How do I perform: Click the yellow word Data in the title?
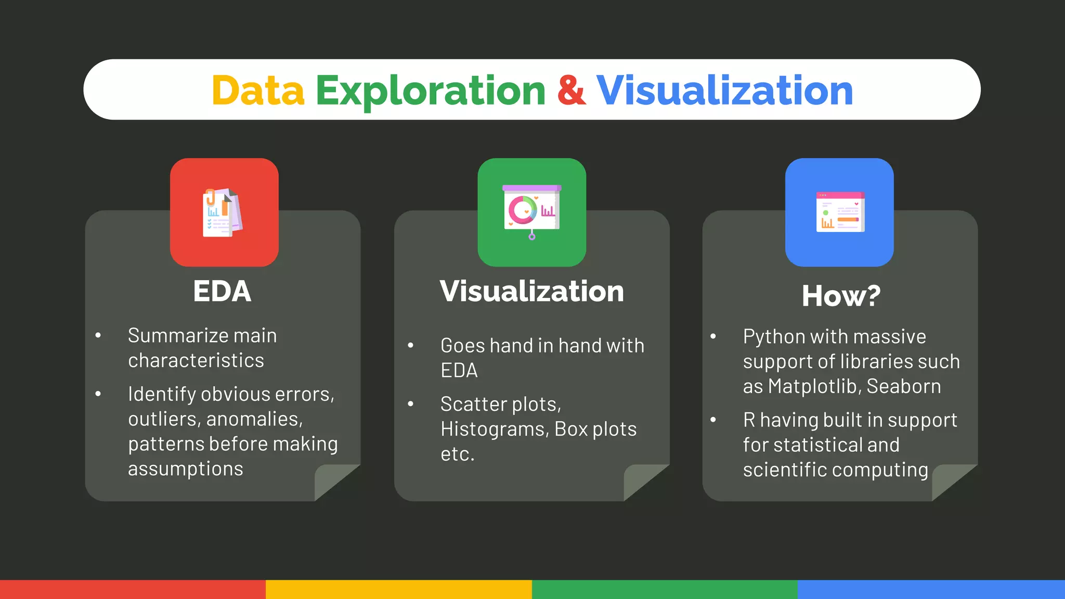pyautogui.click(x=258, y=90)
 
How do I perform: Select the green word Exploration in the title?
pyautogui.click(x=431, y=90)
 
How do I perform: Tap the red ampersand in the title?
pyautogui.click(x=571, y=90)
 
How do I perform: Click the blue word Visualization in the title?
pyautogui.click(x=724, y=90)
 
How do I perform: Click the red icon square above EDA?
pyautogui.click(x=224, y=212)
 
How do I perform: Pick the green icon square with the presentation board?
pyautogui.click(x=531, y=212)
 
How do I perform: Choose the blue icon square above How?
pyautogui.click(x=839, y=212)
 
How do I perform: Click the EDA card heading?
pyautogui.click(x=222, y=291)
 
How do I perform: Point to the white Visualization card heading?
pyautogui.click(x=531, y=291)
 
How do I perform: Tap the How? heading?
pyautogui.click(x=841, y=296)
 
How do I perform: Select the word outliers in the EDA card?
pyautogui.click(x=164, y=419)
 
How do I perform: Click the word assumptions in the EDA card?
pyautogui.click(x=186, y=469)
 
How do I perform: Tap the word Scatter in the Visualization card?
pyautogui.click(x=473, y=405)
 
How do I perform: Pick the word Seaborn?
pyautogui.click(x=904, y=387)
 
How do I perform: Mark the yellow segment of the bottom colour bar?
pyautogui.click(x=398, y=590)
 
